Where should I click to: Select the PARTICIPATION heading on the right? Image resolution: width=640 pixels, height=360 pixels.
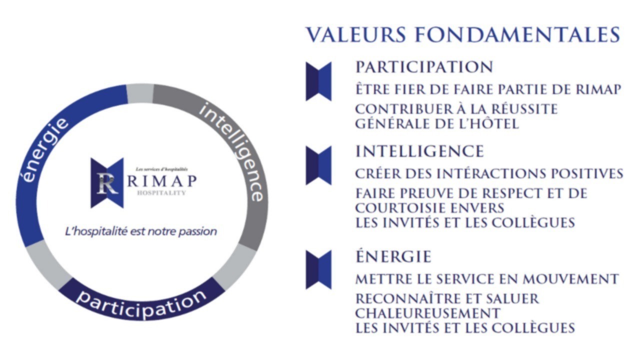424,67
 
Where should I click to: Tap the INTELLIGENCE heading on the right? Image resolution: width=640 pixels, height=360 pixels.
420,151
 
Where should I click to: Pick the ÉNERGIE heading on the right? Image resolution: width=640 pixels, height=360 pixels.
393,256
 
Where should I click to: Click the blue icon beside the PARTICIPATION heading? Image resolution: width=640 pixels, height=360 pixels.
318,81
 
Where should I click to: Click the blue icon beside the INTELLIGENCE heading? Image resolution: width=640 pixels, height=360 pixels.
318,165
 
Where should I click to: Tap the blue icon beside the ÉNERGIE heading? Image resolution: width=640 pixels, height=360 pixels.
318,270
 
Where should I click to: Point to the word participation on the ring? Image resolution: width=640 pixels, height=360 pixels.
141,303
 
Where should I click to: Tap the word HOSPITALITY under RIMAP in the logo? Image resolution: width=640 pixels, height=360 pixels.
161,192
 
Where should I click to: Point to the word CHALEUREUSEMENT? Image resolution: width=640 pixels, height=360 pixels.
427,313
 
